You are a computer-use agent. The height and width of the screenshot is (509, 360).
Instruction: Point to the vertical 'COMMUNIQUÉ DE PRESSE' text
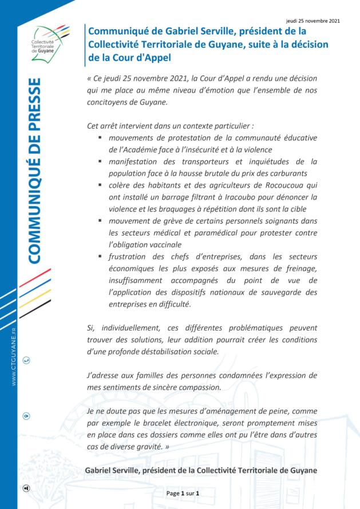[x=34, y=171]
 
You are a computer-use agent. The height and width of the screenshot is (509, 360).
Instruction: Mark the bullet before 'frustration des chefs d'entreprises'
[x=100, y=256]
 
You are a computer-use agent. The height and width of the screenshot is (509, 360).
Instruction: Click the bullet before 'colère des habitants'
[x=100, y=185]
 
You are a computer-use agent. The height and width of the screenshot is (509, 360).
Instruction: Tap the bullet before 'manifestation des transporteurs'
[x=100, y=162]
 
